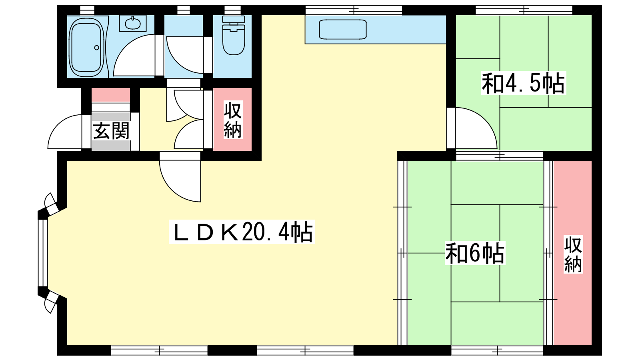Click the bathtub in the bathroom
coord(86,46)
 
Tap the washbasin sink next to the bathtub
coord(132,24)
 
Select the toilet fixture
coord(233,35)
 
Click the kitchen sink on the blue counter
coord(342,29)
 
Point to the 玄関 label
coord(111,131)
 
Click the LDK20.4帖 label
coord(242,232)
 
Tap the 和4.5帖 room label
coord(524,83)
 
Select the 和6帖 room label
coord(475,253)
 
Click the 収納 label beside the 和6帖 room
coord(573,254)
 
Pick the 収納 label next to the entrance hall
coord(233,120)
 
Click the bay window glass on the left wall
coord(43,253)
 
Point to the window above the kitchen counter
coord(354,10)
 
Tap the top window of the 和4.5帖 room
coord(524,10)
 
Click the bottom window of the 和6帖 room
coord(497,350)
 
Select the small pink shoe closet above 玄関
coord(110,95)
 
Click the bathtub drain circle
coord(96,48)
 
